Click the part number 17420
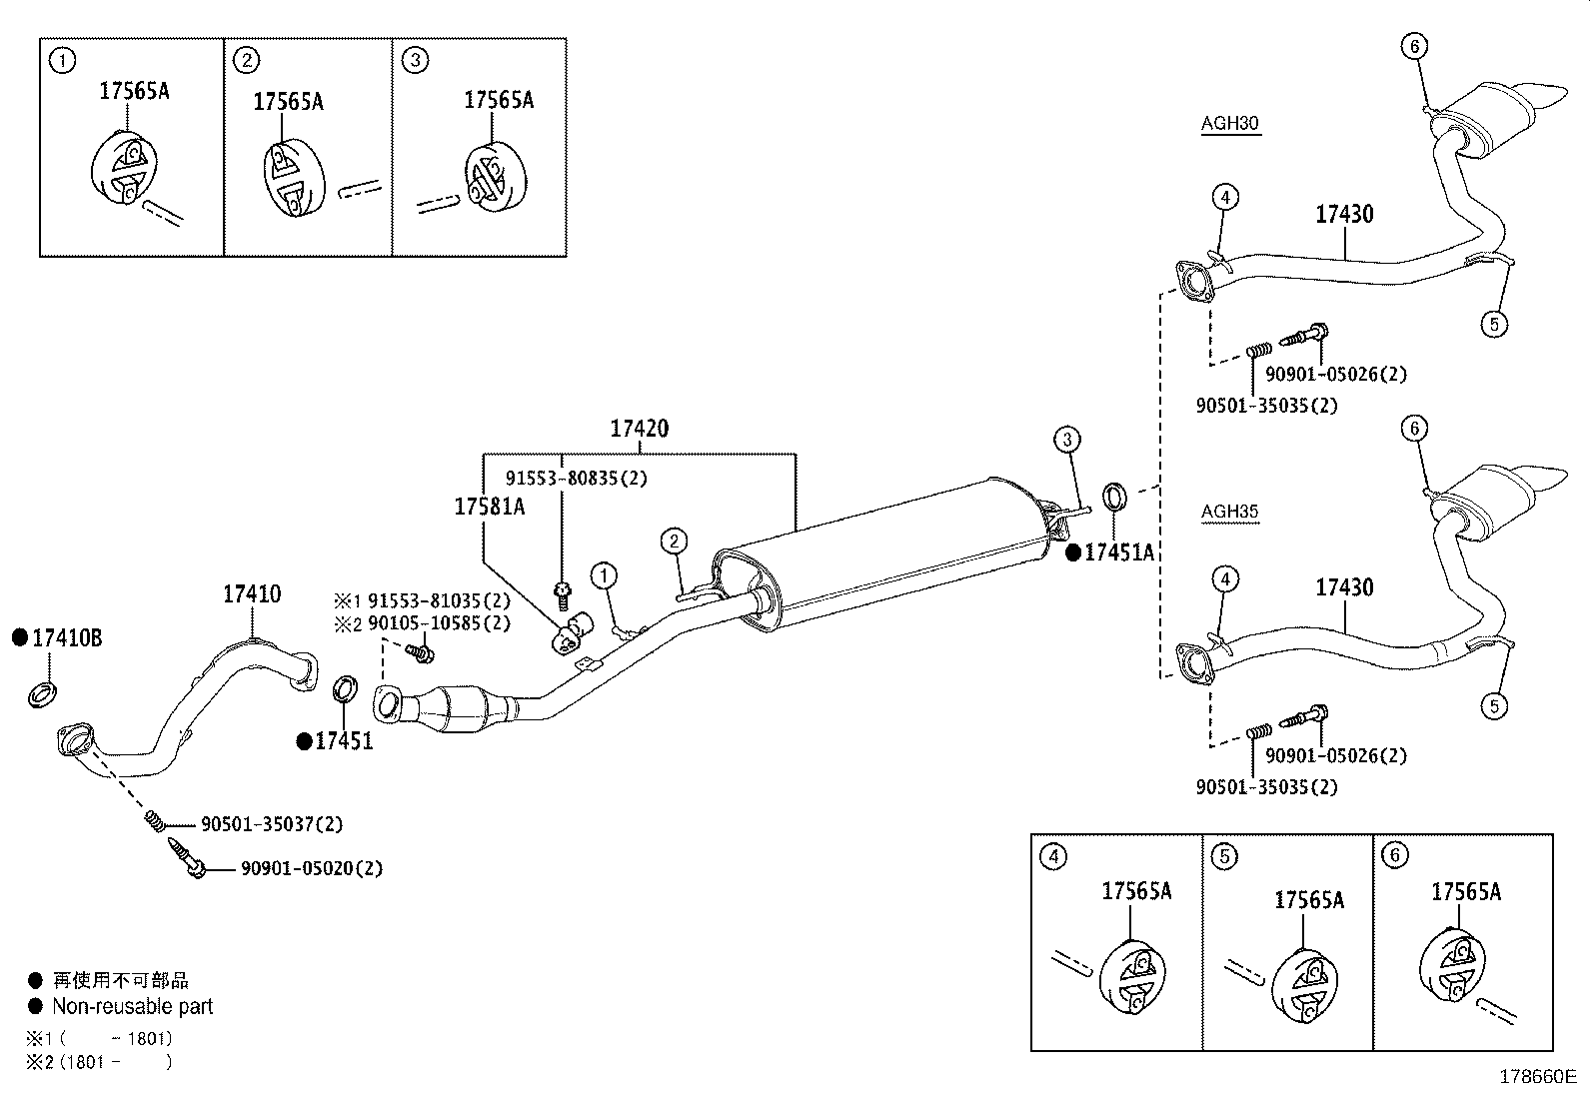pyautogui.click(x=640, y=429)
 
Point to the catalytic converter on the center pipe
pyautogui.click(x=455, y=708)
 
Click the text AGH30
pyautogui.click(x=1229, y=124)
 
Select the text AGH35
pyautogui.click(x=1229, y=512)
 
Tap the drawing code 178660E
pyautogui.click(x=1537, y=1076)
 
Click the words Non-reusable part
pyautogui.click(x=132, y=1006)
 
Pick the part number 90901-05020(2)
pyautogui.click(x=311, y=868)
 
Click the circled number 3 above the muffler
pyautogui.click(x=1066, y=439)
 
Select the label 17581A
pyautogui.click(x=489, y=507)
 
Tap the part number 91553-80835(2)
pyautogui.click(x=576, y=479)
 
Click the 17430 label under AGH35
pyautogui.click(x=1344, y=587)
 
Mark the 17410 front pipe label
pyautogui.click(x=251, y=594)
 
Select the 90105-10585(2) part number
pyautogui.click(x=439, y=623)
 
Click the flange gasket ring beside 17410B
pyautogui.click(x=41, y=691)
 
